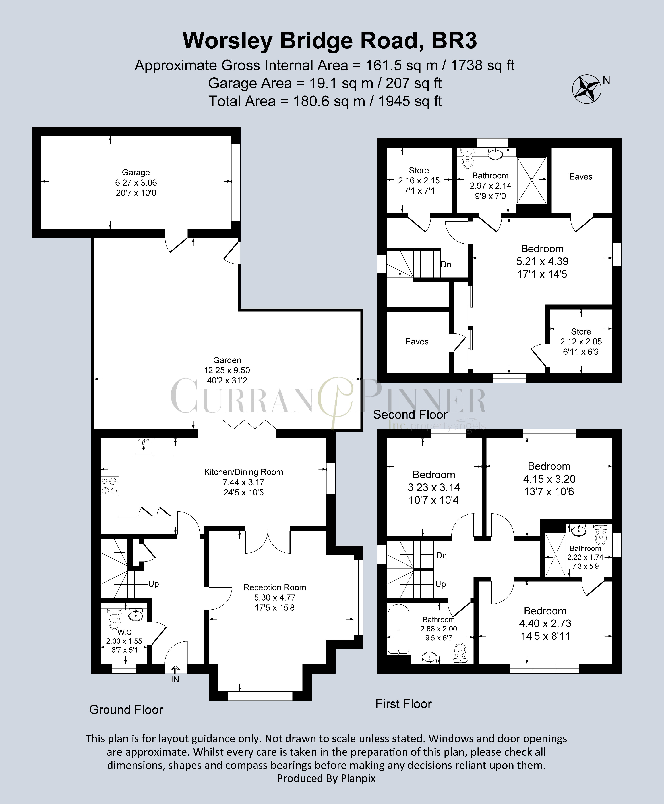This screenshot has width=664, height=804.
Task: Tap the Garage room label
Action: point(136,173)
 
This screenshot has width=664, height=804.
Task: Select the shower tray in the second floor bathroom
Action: point(531,180)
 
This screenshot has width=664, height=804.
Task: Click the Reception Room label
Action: point(275,587)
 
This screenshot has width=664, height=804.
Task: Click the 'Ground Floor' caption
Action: point(126,710)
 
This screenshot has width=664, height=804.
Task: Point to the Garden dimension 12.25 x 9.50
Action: point(227,370)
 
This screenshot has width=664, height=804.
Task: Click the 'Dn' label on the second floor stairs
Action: point(446,265)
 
